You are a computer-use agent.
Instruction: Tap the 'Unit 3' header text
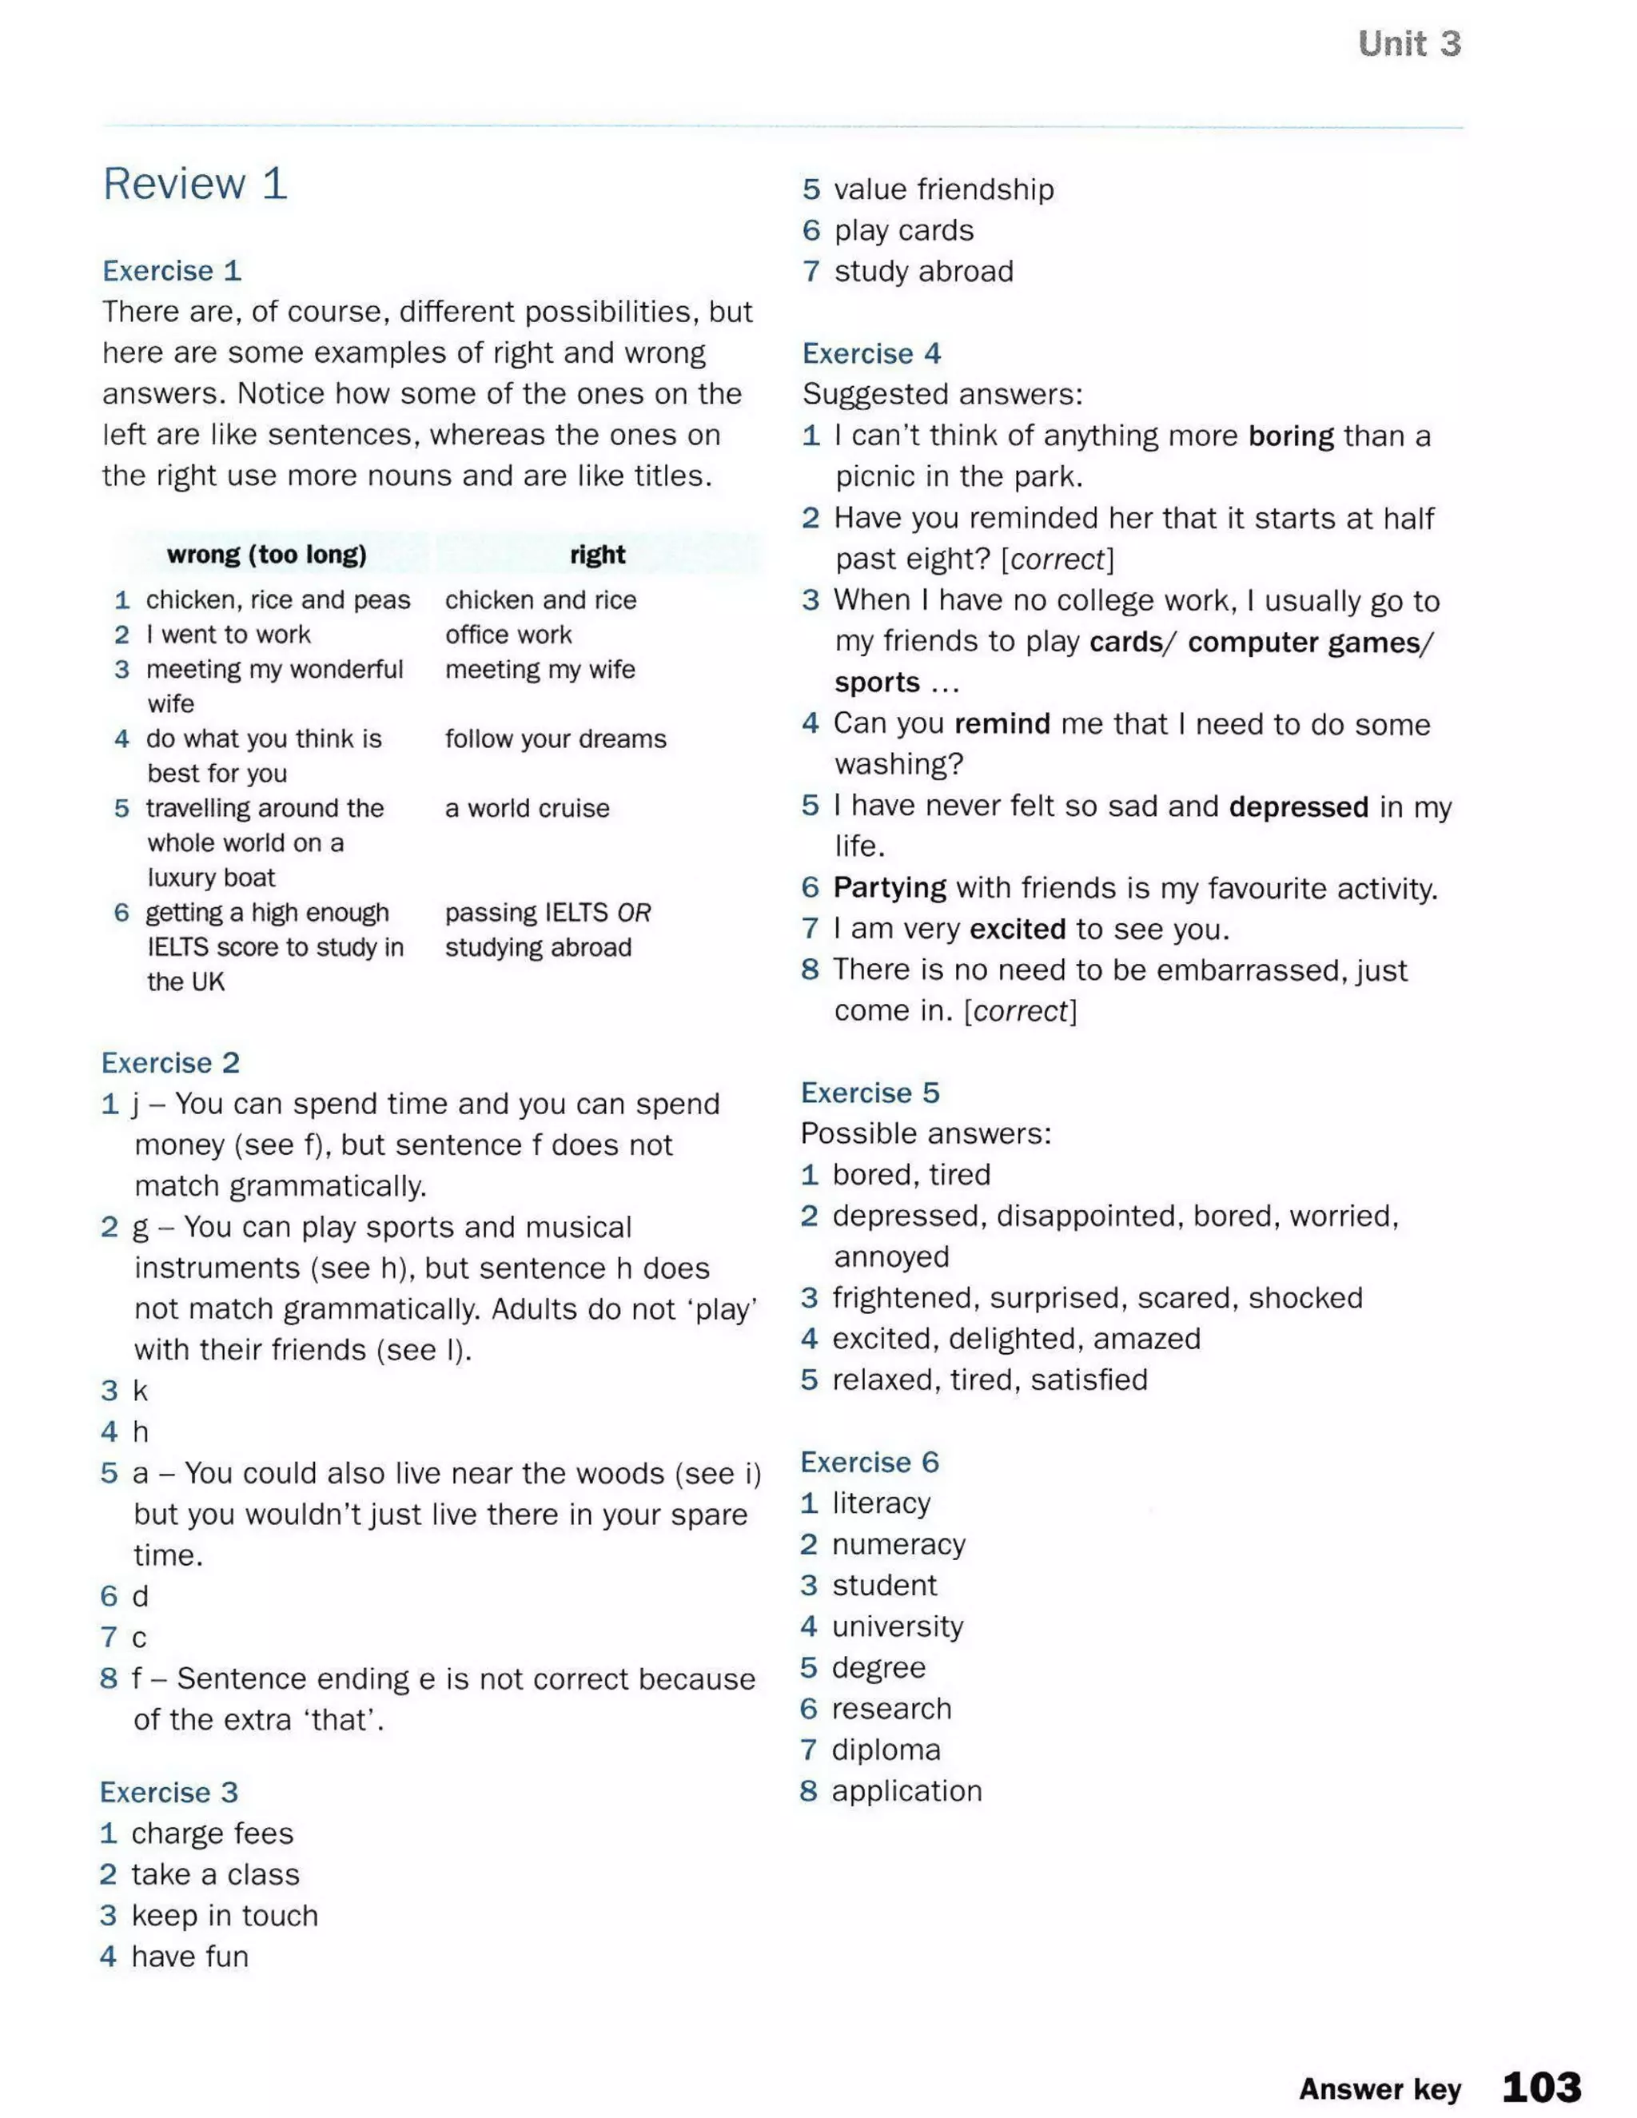click(1408, 44)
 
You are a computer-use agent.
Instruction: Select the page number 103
click(1541, 2086)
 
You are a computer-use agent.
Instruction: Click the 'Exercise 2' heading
click(171, 1063)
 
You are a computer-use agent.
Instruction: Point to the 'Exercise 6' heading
click(870, 1462)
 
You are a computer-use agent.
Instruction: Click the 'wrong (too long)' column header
click(267, 555)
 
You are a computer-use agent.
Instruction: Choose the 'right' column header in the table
click(597, 555)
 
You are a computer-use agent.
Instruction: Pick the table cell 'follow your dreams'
click(556, 739)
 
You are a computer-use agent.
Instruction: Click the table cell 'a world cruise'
click(528, 808)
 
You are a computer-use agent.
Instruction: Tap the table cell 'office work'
click(508, 635)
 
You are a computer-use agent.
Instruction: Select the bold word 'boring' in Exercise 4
click(1291, 436)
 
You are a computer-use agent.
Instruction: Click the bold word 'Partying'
click(890, 887)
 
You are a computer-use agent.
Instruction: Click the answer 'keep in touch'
click(225, 1915)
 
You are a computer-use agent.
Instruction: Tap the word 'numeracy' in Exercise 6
click(898, 1544)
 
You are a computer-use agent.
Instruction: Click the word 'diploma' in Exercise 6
click(886, 1750)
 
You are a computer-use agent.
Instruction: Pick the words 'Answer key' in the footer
click(1379, 2089)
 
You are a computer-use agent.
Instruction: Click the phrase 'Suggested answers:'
click(942, 395)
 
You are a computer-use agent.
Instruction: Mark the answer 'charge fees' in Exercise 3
click(213, 1833)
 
